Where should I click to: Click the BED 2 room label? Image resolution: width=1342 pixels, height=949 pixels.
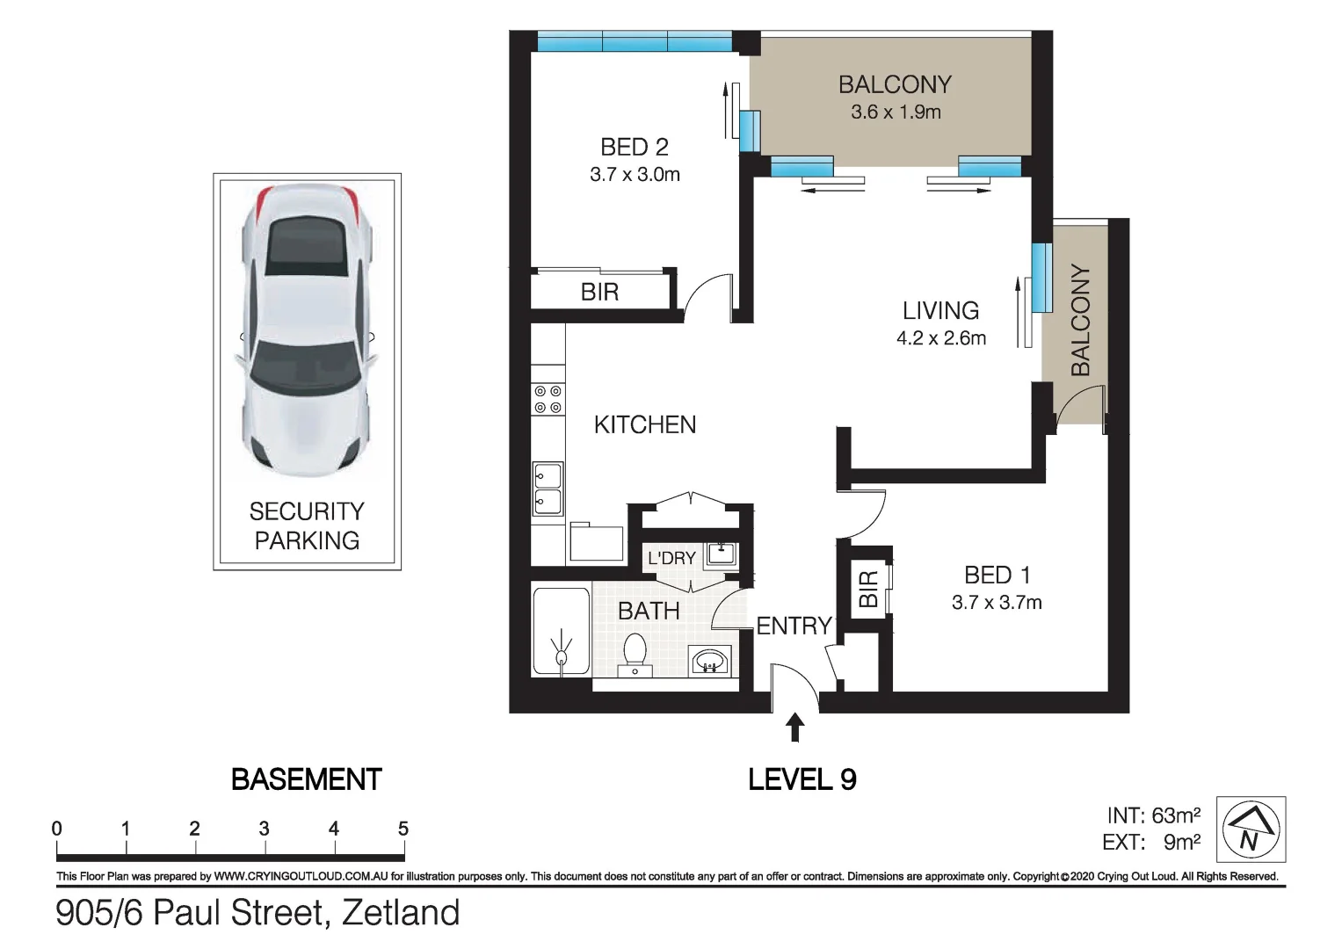click(x=635, y=147)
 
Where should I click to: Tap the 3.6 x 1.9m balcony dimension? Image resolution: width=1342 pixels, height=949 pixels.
click(x=896, y=112)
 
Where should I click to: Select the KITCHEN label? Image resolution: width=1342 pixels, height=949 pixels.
click(x=645, y=424)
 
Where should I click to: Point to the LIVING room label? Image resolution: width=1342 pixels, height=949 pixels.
click(x=940, y=310)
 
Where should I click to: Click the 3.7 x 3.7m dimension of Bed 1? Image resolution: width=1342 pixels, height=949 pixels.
click(x=997, y=602)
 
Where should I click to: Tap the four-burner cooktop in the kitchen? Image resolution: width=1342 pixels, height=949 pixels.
click(x=548, y=400)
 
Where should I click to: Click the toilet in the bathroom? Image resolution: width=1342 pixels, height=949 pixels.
click(x=635, y=656)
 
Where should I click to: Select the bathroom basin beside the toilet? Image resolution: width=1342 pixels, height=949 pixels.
click(x=710, y=662)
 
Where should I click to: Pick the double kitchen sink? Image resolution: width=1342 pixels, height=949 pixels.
click(x=548, y=489)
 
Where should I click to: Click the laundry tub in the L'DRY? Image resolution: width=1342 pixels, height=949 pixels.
click(x=722, y=554)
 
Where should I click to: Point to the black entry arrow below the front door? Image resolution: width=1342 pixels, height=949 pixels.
click(x=795, y=727)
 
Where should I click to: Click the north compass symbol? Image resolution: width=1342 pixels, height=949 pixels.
click(x=1251, y=829)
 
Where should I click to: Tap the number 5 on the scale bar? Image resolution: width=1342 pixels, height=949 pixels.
click(x=403, y=829)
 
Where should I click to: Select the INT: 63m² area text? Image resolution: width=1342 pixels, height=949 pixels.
click(x=1153, y=816)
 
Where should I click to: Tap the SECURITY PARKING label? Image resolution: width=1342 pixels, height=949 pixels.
click(x=307, y=526)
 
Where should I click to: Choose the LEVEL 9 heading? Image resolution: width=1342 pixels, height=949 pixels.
click(x=802, y=779)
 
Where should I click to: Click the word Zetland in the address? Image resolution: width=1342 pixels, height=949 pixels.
click(x=401, y=912)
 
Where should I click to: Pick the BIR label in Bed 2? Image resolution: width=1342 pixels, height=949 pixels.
click(x=599, y=293)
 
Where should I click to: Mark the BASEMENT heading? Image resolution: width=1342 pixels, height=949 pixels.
click(x=307, y=779)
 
